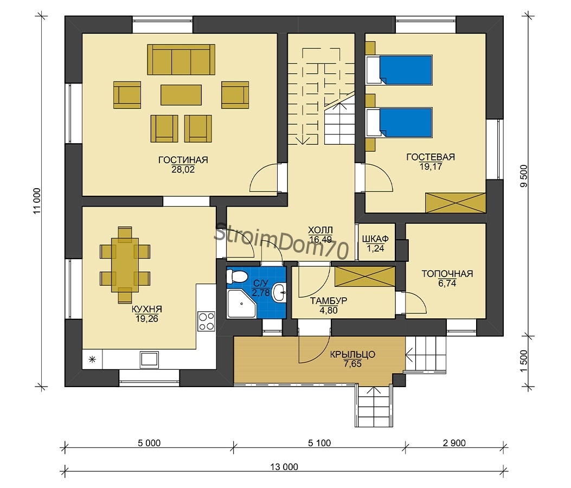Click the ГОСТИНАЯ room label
tap(183, 160)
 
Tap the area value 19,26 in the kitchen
tap(147, 319)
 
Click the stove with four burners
tap(206, 321)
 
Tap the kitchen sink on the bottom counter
tap(149, 359)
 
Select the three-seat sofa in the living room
tap(181, 59)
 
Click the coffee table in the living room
tap(181, 95)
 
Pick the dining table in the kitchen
tap(125, 265)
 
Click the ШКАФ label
tap(375, 239)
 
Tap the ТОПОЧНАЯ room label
tap(447, 274)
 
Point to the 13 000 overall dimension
tap(284, 466)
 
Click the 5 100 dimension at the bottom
tap(319, 443)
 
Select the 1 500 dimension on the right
tap(524, 361)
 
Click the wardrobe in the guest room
tap(455, 203)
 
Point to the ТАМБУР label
tap(329, 301)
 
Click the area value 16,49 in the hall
tap(320, 239)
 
